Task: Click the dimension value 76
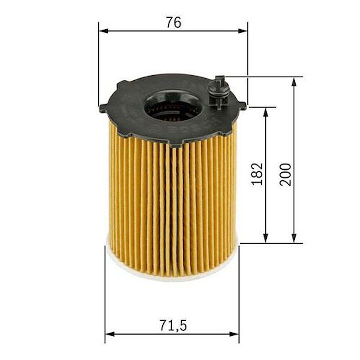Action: click(x=173, y=23)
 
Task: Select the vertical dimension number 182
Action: click(x=257, y=174)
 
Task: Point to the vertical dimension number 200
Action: click(x=286, y=175)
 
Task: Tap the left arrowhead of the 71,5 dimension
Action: click(x=109, y=334)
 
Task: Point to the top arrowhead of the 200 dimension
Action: click(x=294, y=81)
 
